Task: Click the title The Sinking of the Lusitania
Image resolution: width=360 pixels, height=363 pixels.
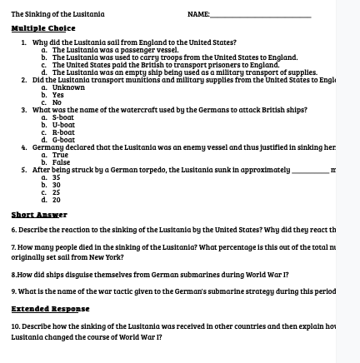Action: click(x=38, y=7)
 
